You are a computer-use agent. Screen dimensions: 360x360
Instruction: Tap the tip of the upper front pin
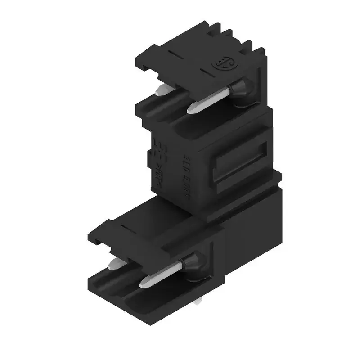pos(191,108)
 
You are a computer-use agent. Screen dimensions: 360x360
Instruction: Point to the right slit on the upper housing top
pos(205,72)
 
